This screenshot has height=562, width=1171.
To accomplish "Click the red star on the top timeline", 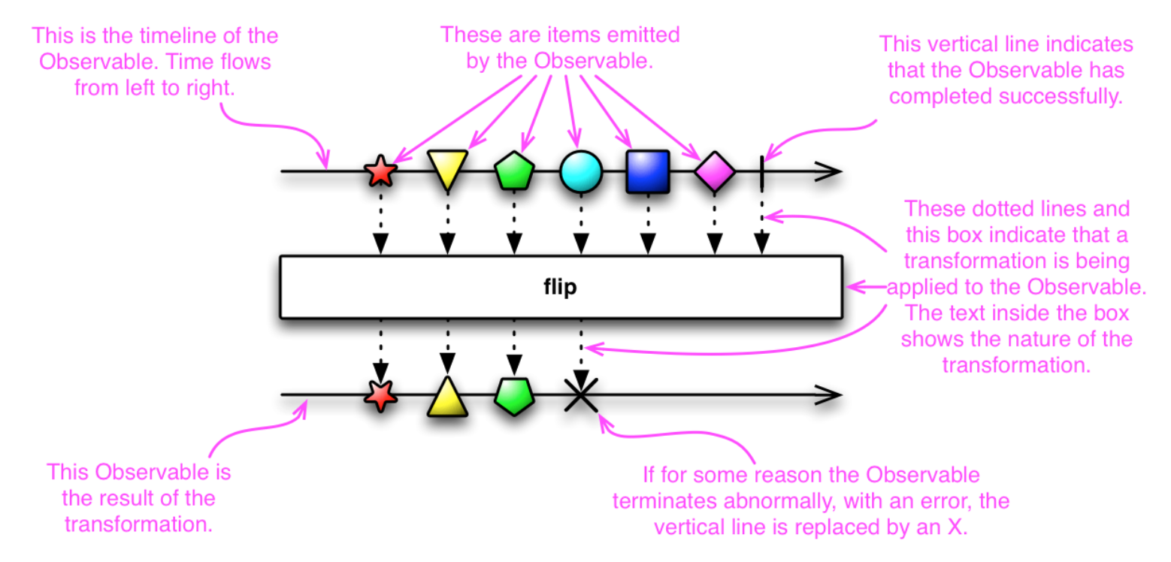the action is pyautogui.click(x=380, y=171).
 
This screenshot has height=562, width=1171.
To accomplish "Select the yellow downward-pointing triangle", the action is pyautogui.click(x=447, y=169).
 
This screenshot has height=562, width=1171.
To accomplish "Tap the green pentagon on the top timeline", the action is pyautogui.click(x=514, y=171).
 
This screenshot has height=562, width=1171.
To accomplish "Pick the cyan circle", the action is pyautogui.click(x=581, y=171).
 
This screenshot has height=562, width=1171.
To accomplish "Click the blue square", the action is pyautogui.click(x=648, y=171).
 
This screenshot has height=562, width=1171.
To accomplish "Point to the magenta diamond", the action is pyautogui.click(x=715, y=171).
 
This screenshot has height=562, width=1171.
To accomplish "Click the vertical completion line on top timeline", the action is pyautogui.click(x=762, y=173).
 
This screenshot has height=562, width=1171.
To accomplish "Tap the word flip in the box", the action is pyautogui.click(x=560, y=287).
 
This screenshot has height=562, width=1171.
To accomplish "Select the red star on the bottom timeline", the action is pyautogui.click(x=380, y=396).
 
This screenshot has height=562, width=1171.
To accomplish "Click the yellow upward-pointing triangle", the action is pyautogui.click(x=447, y=398).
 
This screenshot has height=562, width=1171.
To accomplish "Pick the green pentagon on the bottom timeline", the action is pyautogui.click(x=514, y=396).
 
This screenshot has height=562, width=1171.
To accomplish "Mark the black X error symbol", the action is pyautogui.click(x=581, y=395).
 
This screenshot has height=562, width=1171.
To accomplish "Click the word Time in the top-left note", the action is pyautogui.click(x=188, y=62).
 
